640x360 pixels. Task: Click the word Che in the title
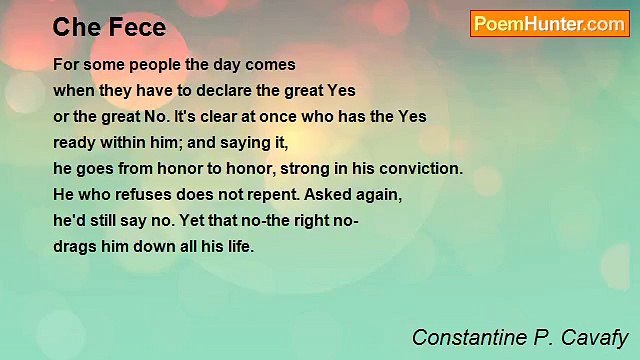(75, 28)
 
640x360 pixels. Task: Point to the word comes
(272, 64)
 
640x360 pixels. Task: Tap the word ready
(75, 142)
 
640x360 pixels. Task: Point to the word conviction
(420, 168)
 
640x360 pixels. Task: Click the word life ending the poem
(240, 246)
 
